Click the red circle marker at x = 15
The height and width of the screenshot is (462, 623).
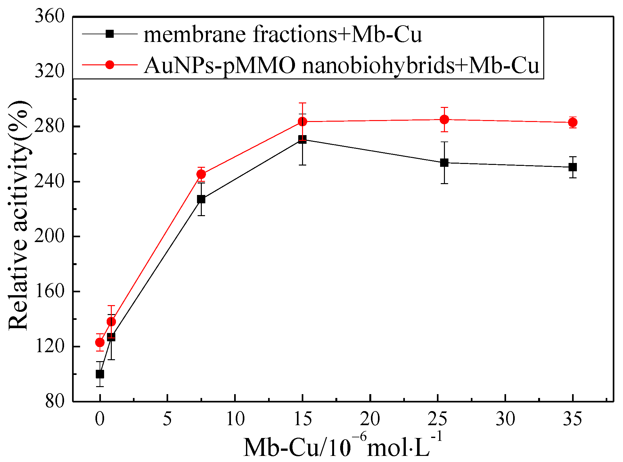pos(302,122)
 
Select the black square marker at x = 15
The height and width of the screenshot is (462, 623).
pos(302,139)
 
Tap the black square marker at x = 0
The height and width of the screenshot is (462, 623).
pos(100,374)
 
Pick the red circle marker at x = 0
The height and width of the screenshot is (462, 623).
pos(100,343)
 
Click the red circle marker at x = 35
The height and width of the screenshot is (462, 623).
pos(573,122)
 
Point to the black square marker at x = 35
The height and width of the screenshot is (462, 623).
pos(573,167)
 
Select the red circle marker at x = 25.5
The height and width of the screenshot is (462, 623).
pos(444,119)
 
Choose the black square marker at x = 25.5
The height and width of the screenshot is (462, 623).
pos(444,163)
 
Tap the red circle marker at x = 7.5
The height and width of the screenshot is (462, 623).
pos(201,174)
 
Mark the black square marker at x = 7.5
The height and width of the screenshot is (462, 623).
pos(201,199)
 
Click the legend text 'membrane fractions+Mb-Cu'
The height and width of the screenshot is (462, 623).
pos(283,34)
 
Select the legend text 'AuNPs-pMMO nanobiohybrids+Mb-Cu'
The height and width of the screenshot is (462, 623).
pos(341,66)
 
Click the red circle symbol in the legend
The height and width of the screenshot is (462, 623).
pos(110,65)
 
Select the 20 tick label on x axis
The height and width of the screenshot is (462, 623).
pos(370,418)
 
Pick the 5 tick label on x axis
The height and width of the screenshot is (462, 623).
pos(167,418)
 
